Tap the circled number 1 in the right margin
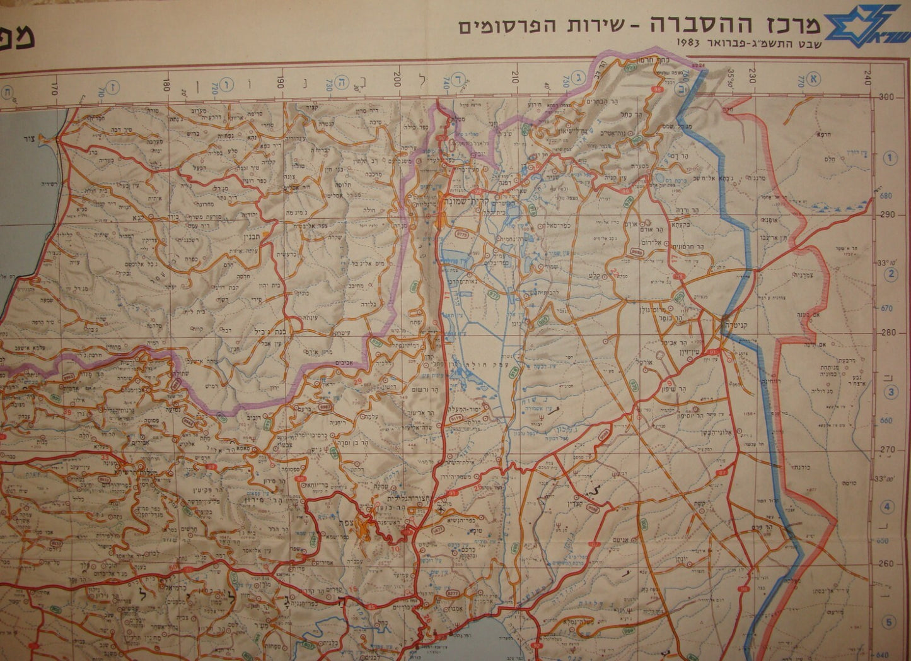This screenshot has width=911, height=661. [x=890, y=157]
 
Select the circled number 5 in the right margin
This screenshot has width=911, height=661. [x=890, y=623]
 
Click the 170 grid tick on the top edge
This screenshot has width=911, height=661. [x=54, y=83]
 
